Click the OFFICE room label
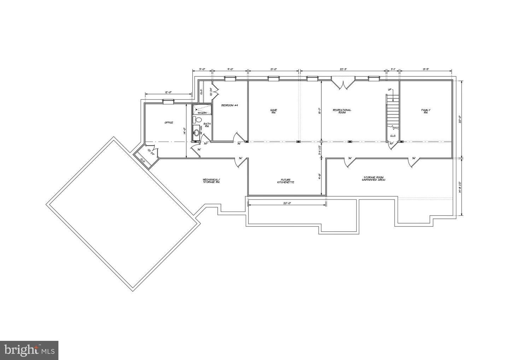pos(169,123)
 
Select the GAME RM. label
pos(274,111)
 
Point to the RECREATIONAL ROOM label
pos(342,111)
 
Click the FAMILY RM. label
pos(426,111)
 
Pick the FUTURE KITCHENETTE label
pos(285,181)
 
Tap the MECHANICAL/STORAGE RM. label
pos(211,181)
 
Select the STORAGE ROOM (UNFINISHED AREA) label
pos(373,179)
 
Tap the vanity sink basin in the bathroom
pos(196,133)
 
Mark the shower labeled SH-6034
pos(202,109)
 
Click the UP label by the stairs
pos(390,90)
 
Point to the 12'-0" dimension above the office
pos(168,93)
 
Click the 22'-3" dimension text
pos(343,69)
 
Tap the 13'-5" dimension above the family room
pos(426,69)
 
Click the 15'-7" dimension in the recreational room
pos(319,111)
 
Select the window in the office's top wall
pos(168,102)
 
